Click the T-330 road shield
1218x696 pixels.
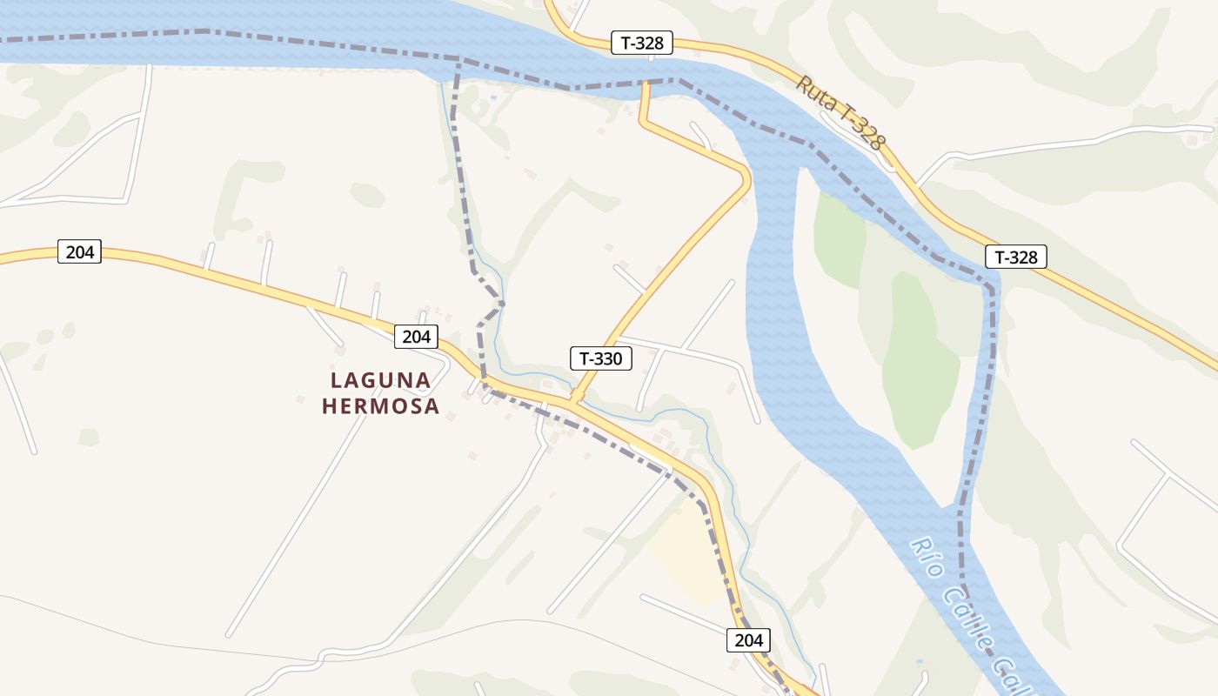(x=601, y=358)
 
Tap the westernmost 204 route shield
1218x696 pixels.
(x=80, y=252)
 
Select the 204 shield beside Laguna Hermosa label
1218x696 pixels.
(x=416, y=337)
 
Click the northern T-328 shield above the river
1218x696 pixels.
(x=642, y=43)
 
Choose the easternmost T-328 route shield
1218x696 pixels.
(x=1015, y=257)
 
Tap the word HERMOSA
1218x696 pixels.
(x=381, y=406)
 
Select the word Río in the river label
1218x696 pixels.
(x=926, y=558)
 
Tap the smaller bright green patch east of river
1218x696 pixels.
(x=839, y=240)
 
